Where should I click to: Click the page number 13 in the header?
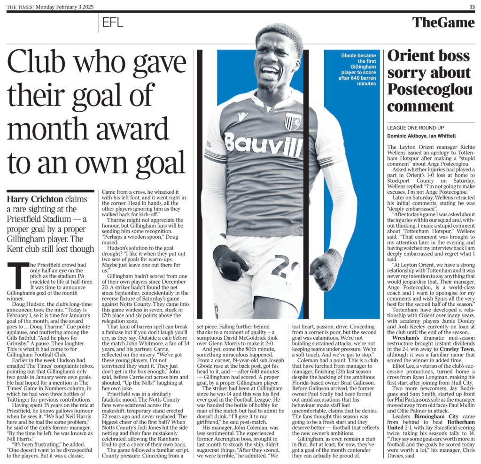(472, 6)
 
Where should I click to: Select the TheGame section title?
(443, 22)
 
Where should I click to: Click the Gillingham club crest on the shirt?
(293, 121)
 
